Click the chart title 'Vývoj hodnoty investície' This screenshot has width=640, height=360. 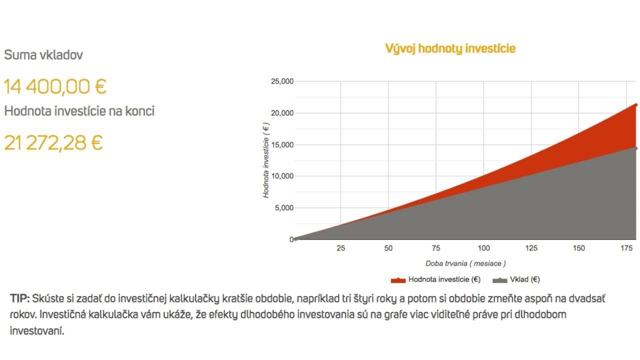[x=450, y=49]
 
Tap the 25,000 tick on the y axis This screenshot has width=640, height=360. [x=282, y=81]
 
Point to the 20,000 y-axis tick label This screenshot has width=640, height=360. [x=282, y=113]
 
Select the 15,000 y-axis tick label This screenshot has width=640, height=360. [x=282, y=145]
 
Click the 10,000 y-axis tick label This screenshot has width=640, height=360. [x=282, y=176]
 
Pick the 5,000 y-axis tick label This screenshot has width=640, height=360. [x=284, y=207]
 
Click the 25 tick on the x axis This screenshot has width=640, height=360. [x=340, y=248]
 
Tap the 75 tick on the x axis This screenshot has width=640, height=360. [x=436, y=248]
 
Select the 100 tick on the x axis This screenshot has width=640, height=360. [x=483, y=248]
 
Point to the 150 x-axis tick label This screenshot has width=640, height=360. [x=579, y=248]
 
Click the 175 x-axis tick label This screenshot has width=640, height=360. [x=626, y=248]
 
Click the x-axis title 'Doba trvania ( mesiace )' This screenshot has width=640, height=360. [x=465, y=263]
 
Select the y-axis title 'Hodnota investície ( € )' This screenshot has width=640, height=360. [x=266, y=160]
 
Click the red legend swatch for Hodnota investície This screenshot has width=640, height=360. [x=398, y=280]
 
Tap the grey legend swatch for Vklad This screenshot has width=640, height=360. [x=499, y=280]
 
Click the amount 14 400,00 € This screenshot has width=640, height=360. [x=55, y=87]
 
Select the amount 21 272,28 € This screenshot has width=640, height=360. [x=53, y=143]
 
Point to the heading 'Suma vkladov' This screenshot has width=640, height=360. [x=43, y=54]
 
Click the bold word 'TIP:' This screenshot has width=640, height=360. [x=19, y=298]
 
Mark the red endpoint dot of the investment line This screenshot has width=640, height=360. [x=636, y=105]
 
